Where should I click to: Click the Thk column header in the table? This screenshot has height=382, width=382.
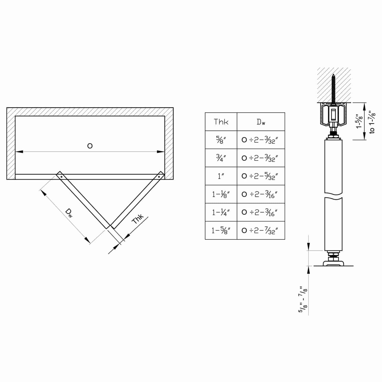221,122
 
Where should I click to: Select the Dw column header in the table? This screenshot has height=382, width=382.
261,122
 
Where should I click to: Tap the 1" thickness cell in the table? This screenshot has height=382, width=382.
221,176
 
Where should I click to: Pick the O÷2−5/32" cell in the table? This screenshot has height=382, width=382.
260,176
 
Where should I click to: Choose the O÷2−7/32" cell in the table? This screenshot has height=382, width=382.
260,230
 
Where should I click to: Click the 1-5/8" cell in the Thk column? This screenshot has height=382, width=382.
221,230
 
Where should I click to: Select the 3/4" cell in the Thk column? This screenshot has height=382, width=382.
221,158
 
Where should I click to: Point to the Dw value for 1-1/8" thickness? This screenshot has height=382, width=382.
260,194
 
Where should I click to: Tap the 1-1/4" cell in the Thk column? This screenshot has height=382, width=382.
221,212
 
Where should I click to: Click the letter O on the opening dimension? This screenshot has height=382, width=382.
90,146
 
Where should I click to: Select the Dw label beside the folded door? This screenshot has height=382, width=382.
69,213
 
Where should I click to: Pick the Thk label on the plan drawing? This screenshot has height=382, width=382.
138,219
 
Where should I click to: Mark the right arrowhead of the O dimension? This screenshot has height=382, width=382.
161,152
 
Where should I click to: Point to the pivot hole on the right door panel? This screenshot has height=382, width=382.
159,176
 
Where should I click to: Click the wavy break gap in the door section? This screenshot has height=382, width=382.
333,195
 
